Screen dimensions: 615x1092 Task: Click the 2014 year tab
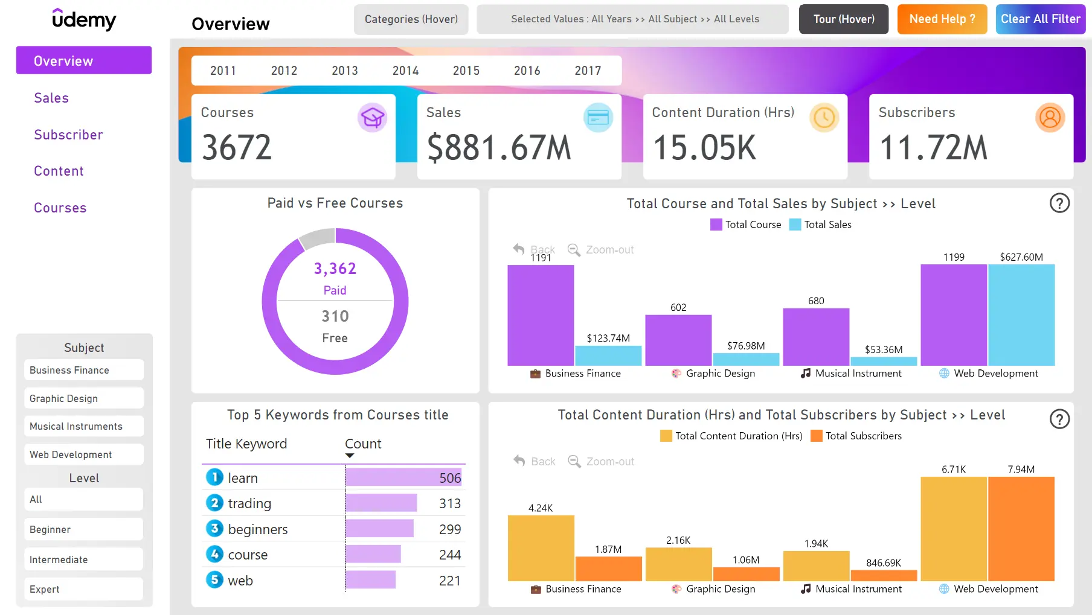pyautogui.click(x=405, y=71)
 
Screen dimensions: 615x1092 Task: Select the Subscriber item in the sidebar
pyautogui.click(x=68, y=135)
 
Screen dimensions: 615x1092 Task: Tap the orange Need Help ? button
pyautogui.click(x=942, y=19)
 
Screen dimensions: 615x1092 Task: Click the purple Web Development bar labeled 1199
pyautogui.click(x=953, y=314)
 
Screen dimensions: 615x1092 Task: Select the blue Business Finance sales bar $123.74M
pyautogui.click(x=608, y=355)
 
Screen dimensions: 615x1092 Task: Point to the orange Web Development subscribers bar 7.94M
pyautogui.click(x=1021, y=529)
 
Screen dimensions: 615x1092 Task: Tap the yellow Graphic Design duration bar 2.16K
pyautogui.click(x=678, y=564)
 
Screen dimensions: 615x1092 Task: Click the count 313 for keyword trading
pyautogui.click(x=449, y=503)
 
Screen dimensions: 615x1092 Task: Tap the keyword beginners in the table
pyautogui.click(x=258, y=529)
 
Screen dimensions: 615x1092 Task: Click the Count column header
pyautogui.click(x=363, y=444)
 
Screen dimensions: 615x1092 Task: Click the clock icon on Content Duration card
pyautogui.click(x=824, y=118)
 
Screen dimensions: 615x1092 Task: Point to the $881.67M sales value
pyautogui.click(x=499, y=148)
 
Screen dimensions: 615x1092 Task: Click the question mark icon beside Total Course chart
pyautogui.click(x=1059, y=203)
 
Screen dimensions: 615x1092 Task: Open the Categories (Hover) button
pyautogui.click(x=411, y=19)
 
